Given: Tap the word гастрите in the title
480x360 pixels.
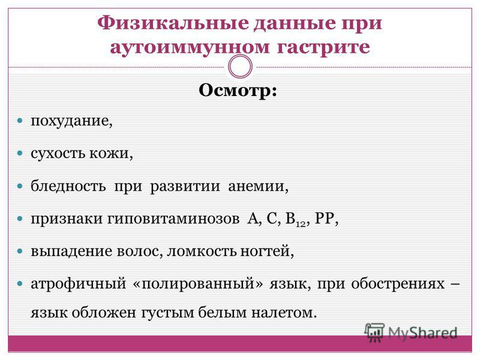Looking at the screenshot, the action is (323, 47).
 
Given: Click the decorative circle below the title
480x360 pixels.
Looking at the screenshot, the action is (241, 67).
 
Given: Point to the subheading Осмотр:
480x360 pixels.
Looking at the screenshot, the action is (238, 91).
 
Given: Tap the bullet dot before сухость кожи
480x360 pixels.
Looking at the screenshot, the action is (20, 153).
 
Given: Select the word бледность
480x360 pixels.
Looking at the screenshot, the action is (68, 186).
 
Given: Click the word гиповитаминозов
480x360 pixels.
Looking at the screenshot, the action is (173, 218).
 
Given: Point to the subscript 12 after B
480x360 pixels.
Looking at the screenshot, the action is (301, 224).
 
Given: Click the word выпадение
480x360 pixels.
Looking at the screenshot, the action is (72, 251).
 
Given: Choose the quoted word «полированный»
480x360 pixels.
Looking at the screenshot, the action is (198, 284).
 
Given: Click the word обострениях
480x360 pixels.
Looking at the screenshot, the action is (398, 284).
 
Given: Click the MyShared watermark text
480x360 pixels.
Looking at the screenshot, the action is (422, 333).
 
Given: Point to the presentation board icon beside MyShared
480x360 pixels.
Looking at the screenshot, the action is (374, 332).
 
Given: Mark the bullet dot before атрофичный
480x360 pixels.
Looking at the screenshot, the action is (20, 284).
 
